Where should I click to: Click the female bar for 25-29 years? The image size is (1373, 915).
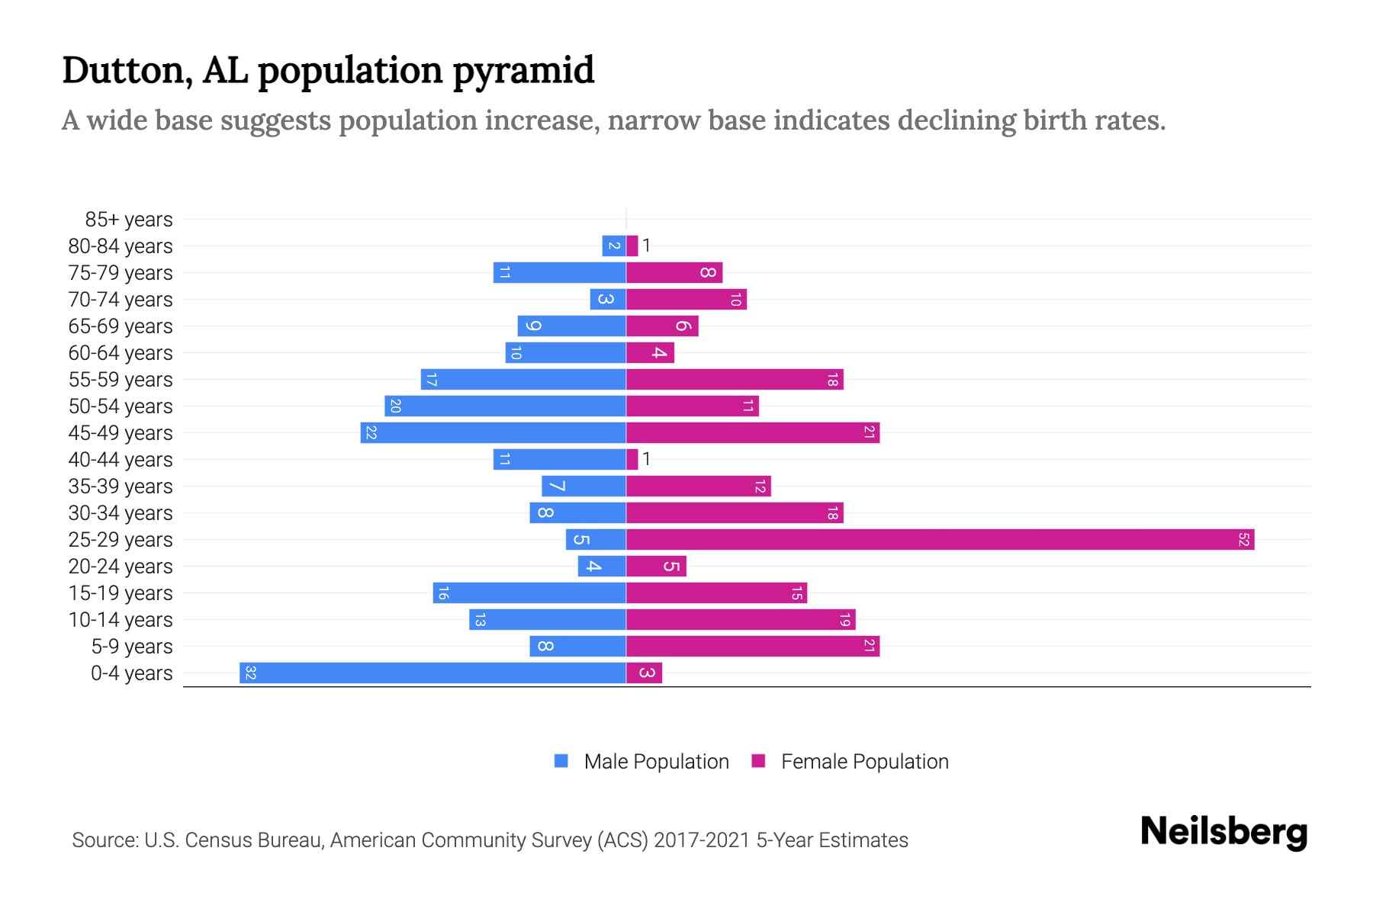940,540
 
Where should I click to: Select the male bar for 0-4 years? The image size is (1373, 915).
432,673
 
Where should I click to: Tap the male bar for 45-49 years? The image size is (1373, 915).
493,433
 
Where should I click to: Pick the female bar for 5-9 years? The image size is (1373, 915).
753,647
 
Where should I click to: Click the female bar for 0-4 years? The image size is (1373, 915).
644,673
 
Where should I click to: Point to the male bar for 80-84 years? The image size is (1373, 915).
613,246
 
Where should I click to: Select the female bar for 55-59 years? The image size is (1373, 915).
735,380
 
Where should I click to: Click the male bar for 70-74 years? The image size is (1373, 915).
607,300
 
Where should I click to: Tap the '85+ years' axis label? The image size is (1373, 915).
129,220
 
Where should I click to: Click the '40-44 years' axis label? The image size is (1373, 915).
121,460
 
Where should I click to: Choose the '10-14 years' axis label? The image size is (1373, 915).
121,620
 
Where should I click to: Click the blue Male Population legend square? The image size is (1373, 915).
561,761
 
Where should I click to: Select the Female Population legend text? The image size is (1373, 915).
864,762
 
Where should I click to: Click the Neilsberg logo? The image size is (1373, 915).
1223,832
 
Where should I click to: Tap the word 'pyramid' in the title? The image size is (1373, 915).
523,71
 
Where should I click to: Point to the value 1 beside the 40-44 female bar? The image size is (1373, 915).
646,459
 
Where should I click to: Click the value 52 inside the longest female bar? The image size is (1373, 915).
1243,540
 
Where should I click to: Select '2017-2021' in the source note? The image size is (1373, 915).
702,840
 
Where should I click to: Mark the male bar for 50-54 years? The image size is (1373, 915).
505,406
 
